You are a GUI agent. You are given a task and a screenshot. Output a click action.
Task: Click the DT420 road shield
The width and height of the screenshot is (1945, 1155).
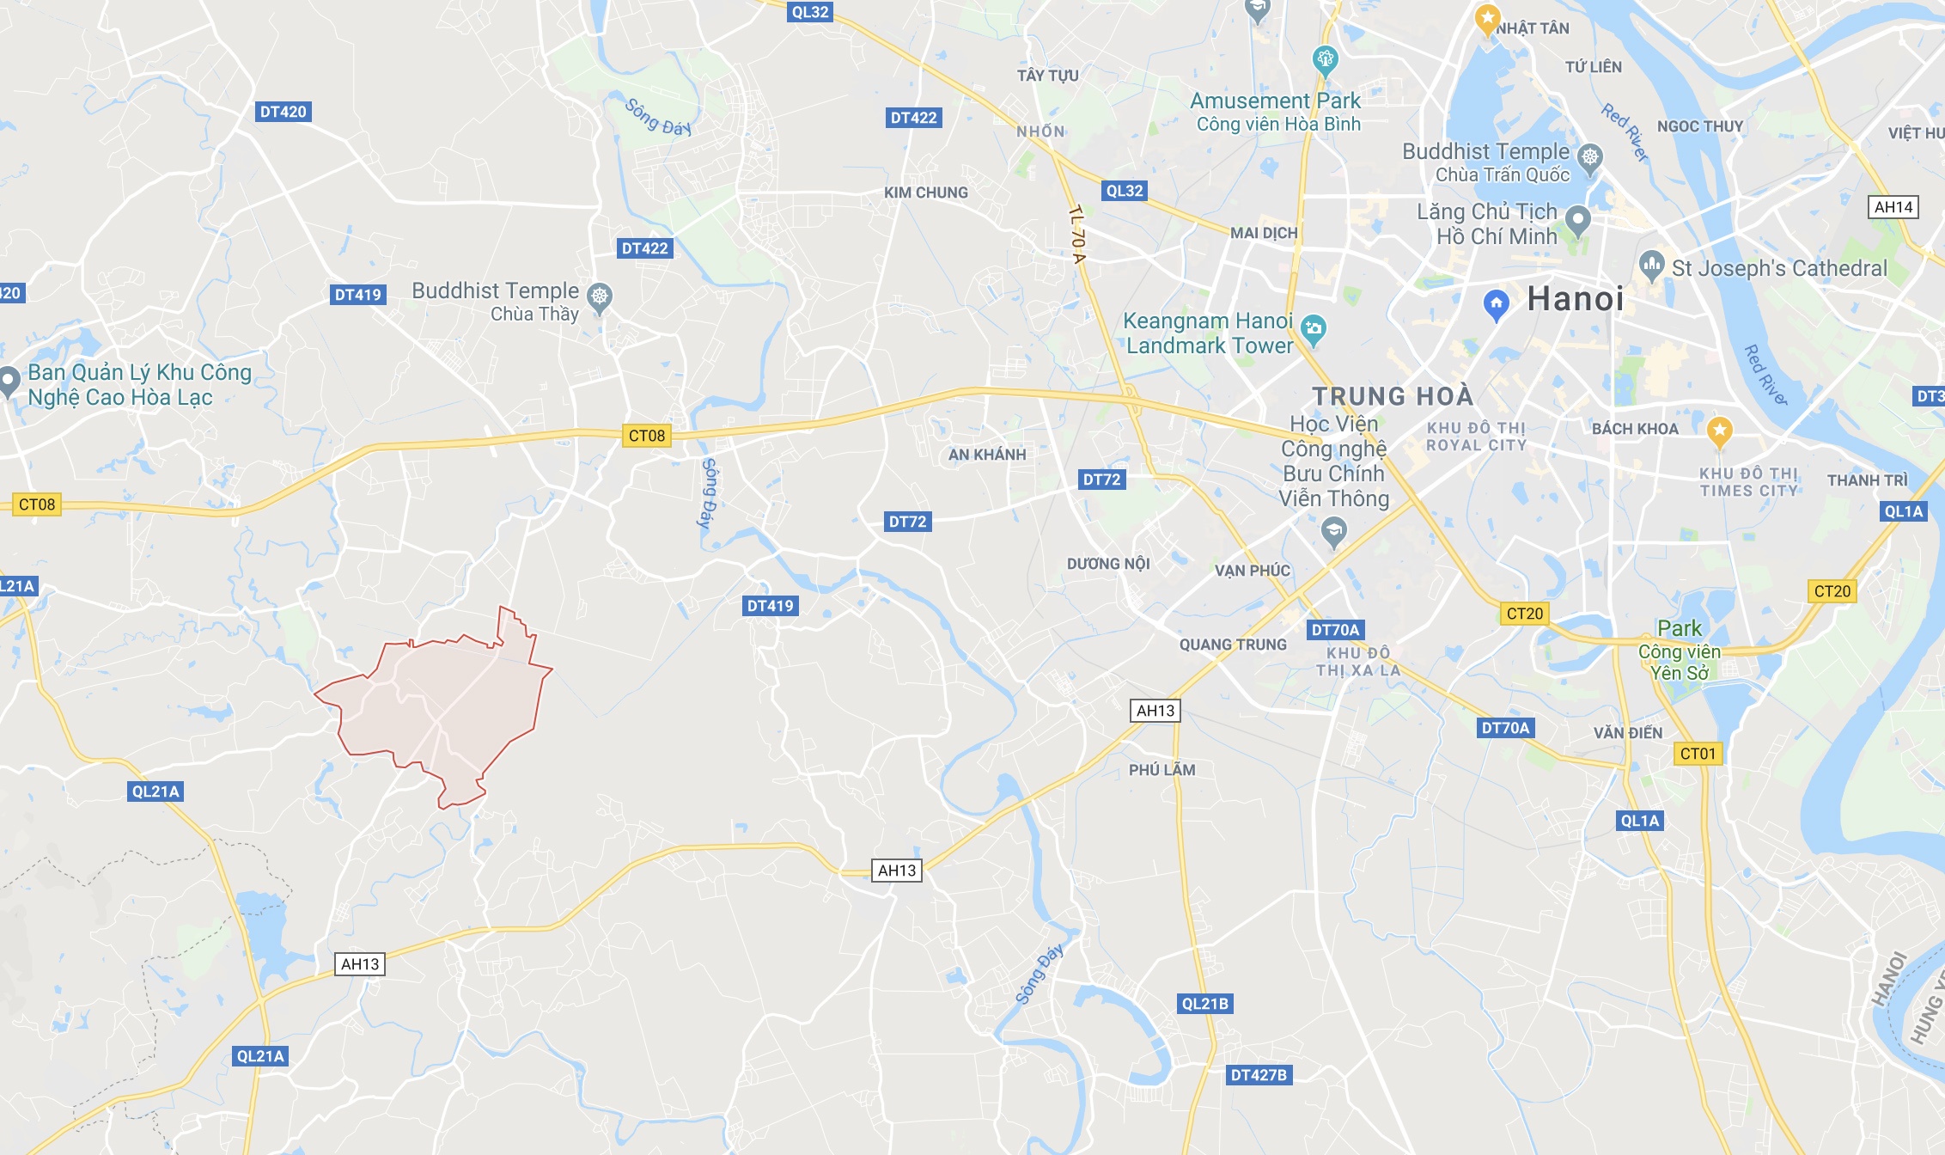tap(283, 112)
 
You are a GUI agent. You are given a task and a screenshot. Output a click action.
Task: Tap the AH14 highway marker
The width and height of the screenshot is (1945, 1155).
tap(1893, 207)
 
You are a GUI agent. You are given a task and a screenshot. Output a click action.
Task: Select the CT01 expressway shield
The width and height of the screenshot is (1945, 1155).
tap(1698, 754)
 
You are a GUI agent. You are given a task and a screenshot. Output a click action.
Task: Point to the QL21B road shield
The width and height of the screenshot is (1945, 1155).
tap(1204, 1004)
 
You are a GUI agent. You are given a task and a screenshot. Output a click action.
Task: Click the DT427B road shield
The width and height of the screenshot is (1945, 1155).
tap(1259, 1075)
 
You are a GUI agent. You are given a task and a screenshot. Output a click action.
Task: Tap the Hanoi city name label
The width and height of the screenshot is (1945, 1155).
tap(1576, 299)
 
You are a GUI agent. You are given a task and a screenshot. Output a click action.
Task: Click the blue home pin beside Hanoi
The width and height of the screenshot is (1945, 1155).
tap(1496, 303)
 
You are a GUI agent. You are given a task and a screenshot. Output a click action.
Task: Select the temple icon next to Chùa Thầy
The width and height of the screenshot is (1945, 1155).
tap(599, 297)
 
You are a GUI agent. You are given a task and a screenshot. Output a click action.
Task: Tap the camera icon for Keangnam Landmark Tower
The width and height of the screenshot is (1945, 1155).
tap(1313, 327)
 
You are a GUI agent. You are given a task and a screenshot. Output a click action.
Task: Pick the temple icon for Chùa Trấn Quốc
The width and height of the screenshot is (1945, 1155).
tap(1590, 157)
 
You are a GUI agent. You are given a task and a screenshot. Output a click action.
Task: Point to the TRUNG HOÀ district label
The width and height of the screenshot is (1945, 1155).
tap(1393, 396)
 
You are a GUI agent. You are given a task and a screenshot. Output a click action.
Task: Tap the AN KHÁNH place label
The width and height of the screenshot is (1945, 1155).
tap(987, 455)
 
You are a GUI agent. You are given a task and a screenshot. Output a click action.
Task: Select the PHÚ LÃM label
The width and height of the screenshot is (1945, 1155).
tap(1162, 770)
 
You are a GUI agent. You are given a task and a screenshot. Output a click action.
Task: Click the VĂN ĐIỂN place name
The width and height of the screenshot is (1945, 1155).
tap(1628, 733)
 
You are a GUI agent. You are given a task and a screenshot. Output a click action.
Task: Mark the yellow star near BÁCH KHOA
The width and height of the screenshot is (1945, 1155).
tap(1719, 430)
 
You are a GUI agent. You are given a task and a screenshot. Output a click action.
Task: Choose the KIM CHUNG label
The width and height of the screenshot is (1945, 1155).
tap(926, 192)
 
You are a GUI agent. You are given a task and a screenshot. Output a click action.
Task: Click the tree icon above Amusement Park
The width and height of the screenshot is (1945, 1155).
tap(1325, 59)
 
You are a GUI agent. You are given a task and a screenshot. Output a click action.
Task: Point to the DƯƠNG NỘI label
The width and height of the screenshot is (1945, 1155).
tap(1108, 564)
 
